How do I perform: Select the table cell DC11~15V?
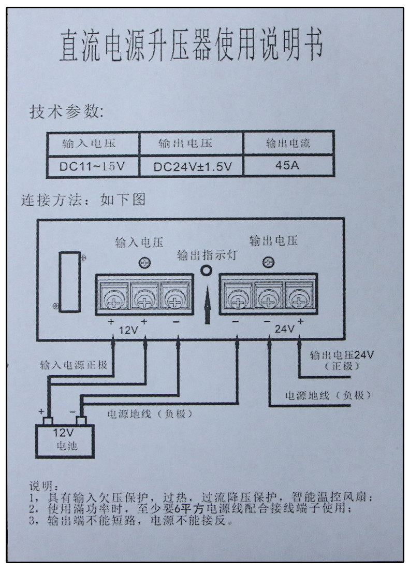[93, 167]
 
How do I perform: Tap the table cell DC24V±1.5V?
[192, 167]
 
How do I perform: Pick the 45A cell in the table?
[289, 167]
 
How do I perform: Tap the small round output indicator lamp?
[207, 270]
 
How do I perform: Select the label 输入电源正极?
[74, 365]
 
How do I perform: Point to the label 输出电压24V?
[342, 355]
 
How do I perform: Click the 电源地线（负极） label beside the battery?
[150, 413]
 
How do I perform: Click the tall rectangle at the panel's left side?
[68, 282]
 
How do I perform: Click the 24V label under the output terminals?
[285, 329]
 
